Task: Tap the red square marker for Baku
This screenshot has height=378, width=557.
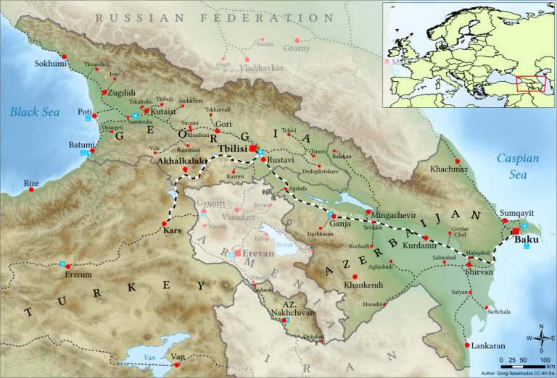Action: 515,232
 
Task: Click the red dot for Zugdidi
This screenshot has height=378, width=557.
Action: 104,93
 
